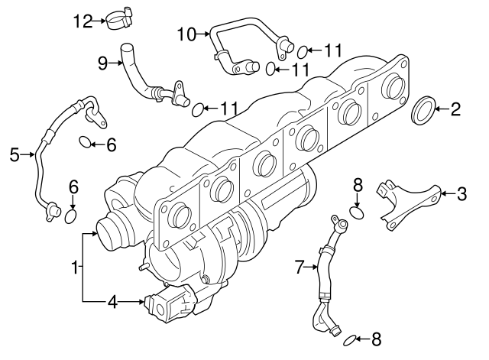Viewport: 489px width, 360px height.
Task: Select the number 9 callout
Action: pos(102,63)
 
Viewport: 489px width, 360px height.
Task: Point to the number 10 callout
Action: pos(186,33)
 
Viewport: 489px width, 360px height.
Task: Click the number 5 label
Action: pos(14,155)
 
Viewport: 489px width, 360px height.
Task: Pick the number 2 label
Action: pos(455,109)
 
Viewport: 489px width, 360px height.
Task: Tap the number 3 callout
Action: pos(461,193)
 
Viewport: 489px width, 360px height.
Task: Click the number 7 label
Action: pos(300,267)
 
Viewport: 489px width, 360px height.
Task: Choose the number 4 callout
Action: pos(112,302)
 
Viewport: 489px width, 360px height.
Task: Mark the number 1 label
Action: pos(74,268)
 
